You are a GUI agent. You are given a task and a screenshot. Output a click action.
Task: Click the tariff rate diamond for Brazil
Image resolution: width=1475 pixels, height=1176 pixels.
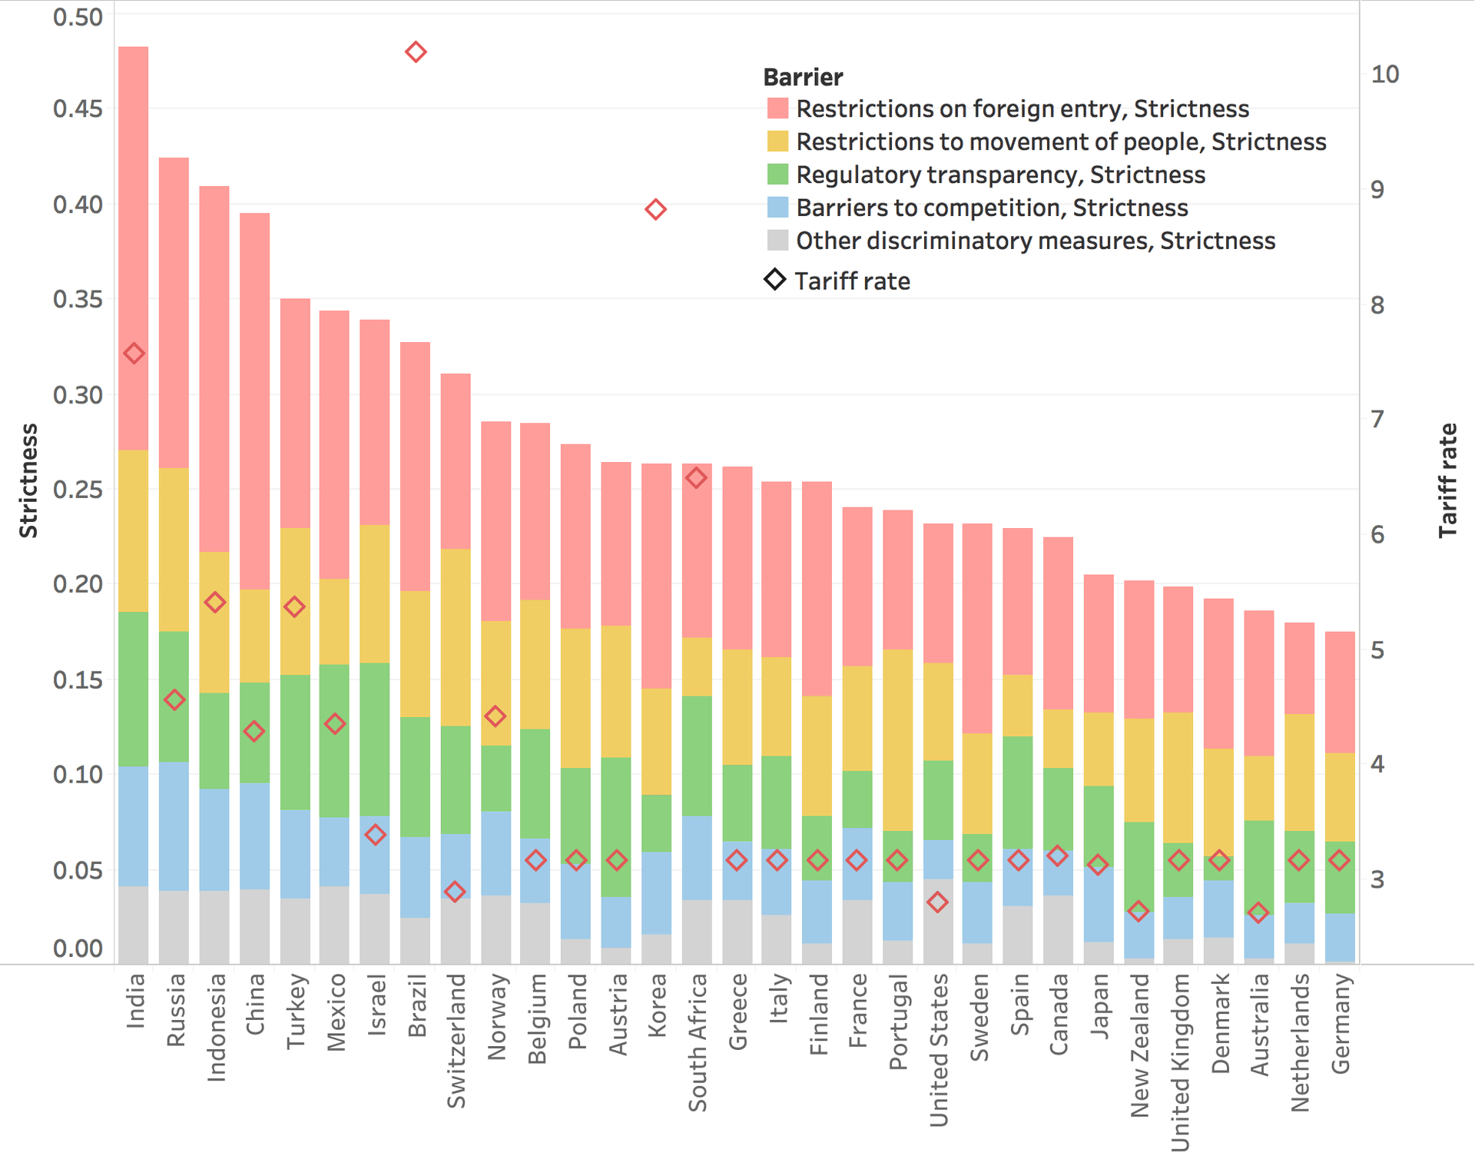(416, 52)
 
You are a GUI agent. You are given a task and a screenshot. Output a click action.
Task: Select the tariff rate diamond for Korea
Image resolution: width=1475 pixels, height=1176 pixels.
(655, 210)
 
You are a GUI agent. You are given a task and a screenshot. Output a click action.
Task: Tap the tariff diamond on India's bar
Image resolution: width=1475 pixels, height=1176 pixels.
(134, 354)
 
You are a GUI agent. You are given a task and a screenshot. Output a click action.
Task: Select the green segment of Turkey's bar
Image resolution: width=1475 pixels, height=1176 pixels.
(295, 742)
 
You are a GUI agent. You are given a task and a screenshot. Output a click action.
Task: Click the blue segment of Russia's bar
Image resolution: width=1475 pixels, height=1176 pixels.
(174, 826)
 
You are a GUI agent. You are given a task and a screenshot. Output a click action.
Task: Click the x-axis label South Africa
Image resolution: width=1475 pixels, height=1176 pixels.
(698, 1042)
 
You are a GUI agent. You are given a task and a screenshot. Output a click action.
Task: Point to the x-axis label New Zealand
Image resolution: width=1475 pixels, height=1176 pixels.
(1139, 1045)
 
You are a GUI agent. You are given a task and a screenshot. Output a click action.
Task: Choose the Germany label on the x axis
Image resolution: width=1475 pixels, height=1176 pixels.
(1341, 1023)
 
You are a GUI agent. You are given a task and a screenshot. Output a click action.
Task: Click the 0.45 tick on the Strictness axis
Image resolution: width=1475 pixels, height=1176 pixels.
(78, 109)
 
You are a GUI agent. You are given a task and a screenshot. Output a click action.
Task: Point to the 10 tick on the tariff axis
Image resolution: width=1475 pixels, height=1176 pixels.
(1385, 75)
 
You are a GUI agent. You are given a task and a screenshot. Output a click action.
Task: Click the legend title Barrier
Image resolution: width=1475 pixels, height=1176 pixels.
(803, 77)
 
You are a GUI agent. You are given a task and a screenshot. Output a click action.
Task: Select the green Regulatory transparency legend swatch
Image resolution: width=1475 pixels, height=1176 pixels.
(777, 174)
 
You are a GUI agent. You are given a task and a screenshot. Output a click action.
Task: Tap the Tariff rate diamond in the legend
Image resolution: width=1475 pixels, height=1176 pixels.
(775, 280)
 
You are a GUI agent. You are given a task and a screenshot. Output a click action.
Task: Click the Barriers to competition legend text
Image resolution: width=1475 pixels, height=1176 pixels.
(992, 208)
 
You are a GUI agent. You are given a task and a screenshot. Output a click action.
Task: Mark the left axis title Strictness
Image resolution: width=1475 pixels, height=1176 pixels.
(28, 480)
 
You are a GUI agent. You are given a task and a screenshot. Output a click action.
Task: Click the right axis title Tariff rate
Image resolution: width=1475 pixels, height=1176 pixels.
(1448, 480)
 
